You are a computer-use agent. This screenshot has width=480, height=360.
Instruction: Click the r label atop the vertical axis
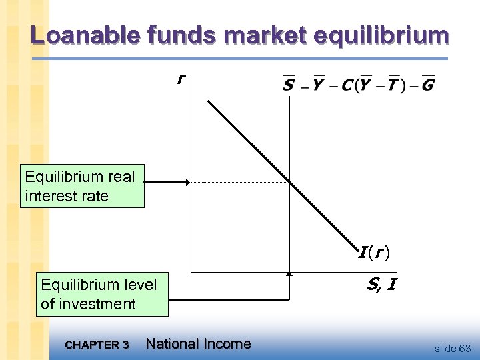coord(180,79)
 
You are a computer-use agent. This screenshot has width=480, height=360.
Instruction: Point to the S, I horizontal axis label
coord(381,285)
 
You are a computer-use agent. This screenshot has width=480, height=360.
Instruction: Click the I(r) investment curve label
coord(374,253)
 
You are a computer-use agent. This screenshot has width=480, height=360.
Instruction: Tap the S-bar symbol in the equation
coord(288,85)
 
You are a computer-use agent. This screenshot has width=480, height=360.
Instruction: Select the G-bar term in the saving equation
coord(427,85)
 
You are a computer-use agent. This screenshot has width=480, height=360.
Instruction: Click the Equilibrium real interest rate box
coord(82,187)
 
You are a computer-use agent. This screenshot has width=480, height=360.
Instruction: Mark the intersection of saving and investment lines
coord(289,182)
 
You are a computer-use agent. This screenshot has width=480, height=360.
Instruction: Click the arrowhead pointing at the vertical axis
coord(187,182)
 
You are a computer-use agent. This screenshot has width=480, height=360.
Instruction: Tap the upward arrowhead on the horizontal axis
coord(289,274)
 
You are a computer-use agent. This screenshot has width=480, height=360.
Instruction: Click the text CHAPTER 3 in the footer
coord(97,345)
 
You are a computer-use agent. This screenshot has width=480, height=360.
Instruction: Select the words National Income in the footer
coord(198,344)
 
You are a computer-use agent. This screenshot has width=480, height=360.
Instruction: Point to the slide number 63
coord(465,349)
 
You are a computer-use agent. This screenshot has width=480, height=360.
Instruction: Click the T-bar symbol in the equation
coord(393,85)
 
